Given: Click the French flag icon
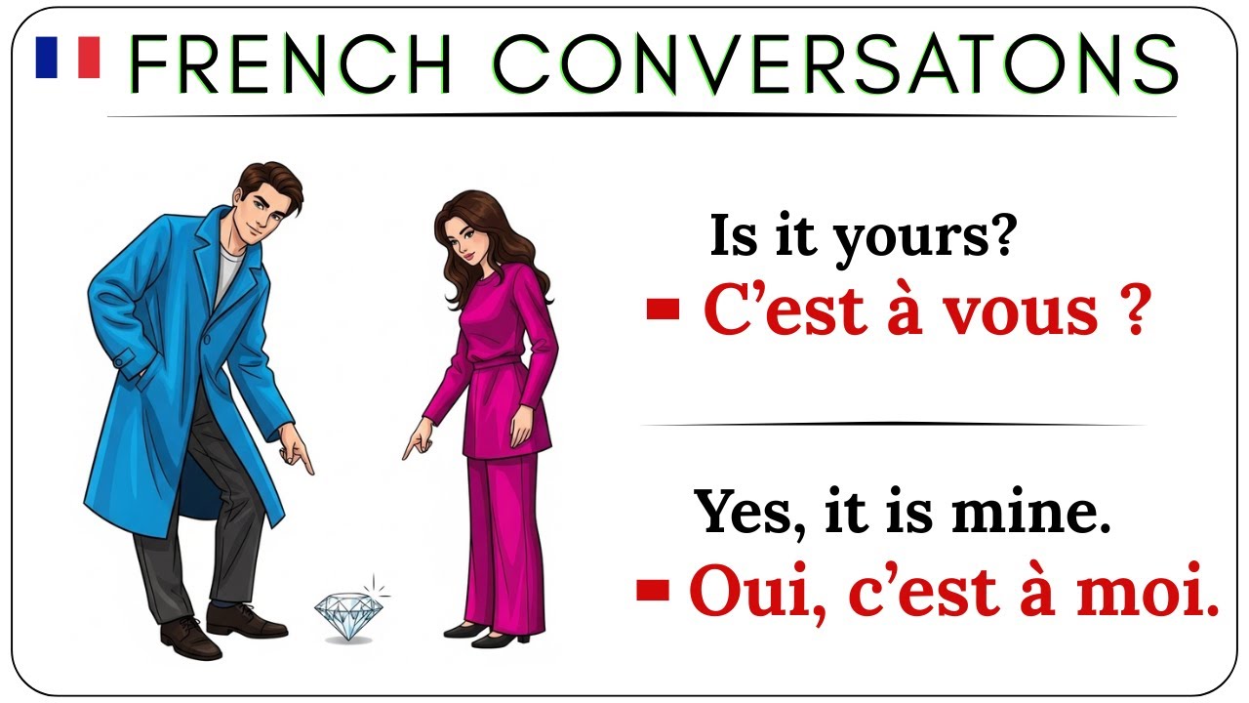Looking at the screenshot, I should (x=67, y=57).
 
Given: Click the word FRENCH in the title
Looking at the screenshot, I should (x=290, y=64).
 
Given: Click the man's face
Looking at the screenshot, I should (x=259, y=210).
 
